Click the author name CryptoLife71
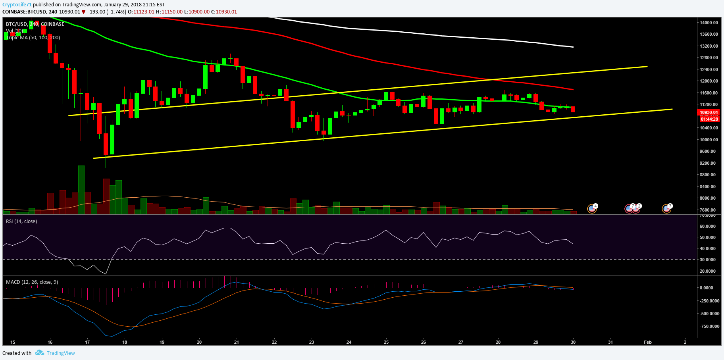[x=17, y=5]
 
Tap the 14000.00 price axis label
[x=709, y=23]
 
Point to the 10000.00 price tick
[x=709, y=140]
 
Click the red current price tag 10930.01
[x=709, y=112]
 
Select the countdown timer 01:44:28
[x=709, y=119]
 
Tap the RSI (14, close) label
[x=21, y=221]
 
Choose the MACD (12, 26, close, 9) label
[x=32, y=282]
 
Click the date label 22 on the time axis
[x=274, y=342]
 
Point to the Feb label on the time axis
[x=648, y=342]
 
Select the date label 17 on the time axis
[x=87, y=342]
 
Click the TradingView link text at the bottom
[x=61, y=353]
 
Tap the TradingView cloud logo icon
[x=39, y=353]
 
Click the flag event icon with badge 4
[x=592, y=208]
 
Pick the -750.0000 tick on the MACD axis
[x=709, y=326]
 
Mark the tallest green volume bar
[x=81, y=190]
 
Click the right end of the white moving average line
[x=573, y=47]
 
